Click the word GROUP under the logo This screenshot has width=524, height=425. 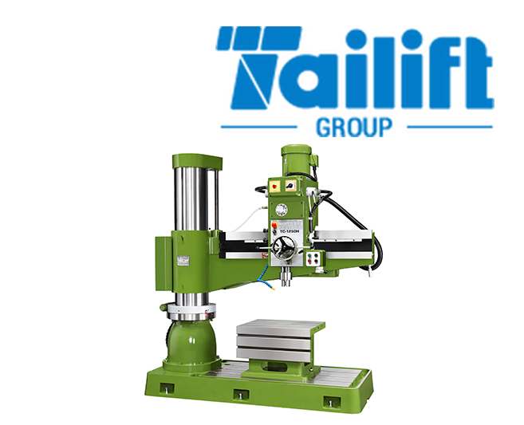click(x=353, y=127)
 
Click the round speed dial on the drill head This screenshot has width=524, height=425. click(x=282, y=209)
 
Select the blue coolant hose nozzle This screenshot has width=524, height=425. click(x=266, y=280)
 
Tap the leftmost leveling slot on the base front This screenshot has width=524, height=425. click(x=167, y=388)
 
